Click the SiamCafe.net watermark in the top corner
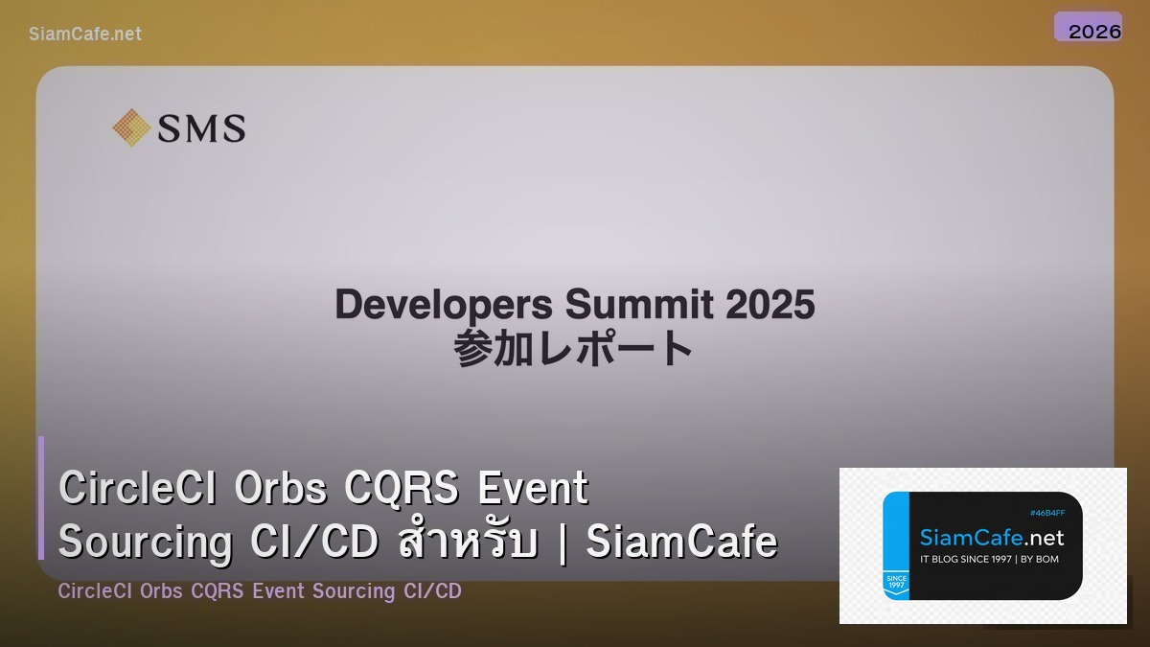tap(85, 34)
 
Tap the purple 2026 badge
tap(1088, 28)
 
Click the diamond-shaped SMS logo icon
tap(131, 127)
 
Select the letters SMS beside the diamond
tap(201, 128)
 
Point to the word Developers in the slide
tap(444, 306)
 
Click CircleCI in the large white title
tap(132, 488)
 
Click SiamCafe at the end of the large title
tap(681, 543)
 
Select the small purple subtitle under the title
tap(259, 591)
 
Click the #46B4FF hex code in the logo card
tap(1046, 513)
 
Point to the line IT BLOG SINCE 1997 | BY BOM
tap(989, 559)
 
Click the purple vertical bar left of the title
tap(41, 497)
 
